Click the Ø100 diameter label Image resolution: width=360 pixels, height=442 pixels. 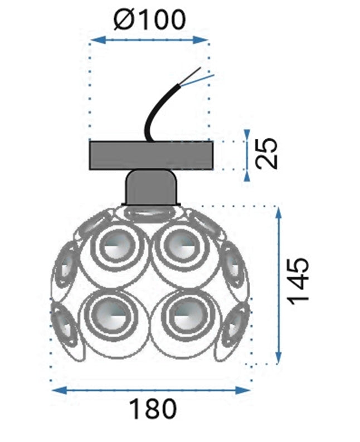point(149,20)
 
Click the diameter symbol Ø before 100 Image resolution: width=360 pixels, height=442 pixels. point(123,20)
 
